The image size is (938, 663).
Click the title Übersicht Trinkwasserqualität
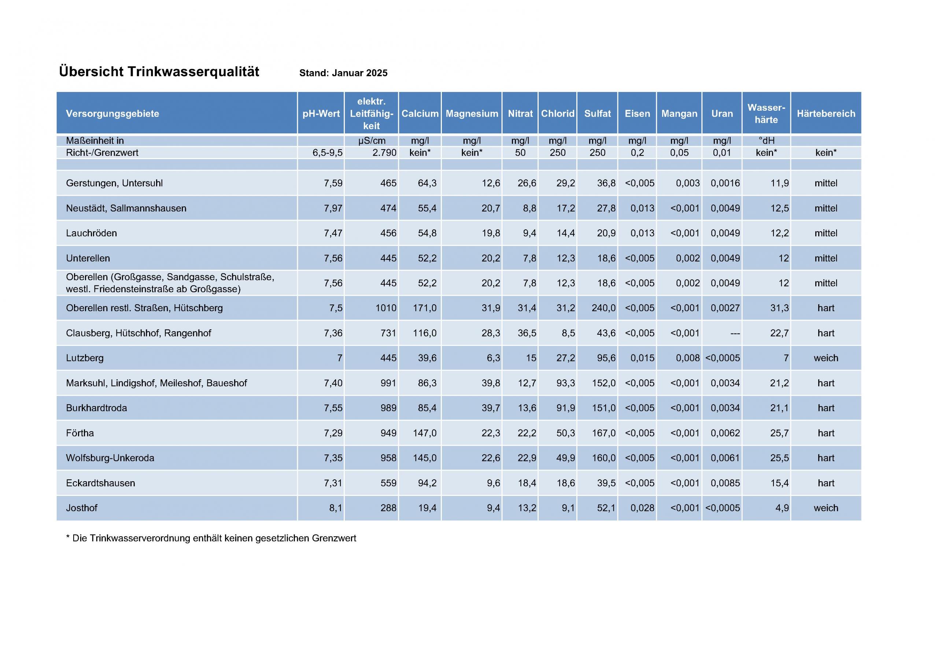pos(159,72)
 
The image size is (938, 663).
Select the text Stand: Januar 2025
pos(343,73)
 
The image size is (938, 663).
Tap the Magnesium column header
pos(472,114)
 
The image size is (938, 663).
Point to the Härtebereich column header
pos(826,114)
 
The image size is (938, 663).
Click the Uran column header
pos(722,114)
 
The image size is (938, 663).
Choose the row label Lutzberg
pos(85,358)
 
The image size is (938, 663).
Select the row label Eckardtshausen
pos(100,483)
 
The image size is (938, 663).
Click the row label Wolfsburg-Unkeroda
pos(110,458)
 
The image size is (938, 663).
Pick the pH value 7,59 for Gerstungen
pos(333,183)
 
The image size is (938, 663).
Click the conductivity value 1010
pos(386,308)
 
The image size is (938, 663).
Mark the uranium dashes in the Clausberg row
pos(735,334)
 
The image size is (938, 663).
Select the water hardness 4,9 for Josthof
pos(782,508)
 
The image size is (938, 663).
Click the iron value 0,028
pos(642,508)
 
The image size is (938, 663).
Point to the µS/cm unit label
pos(372,141)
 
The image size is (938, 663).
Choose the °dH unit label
pos(766,141)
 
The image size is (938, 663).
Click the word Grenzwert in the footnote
pos(334,538)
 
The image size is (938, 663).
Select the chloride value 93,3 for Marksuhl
pos(565,383)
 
